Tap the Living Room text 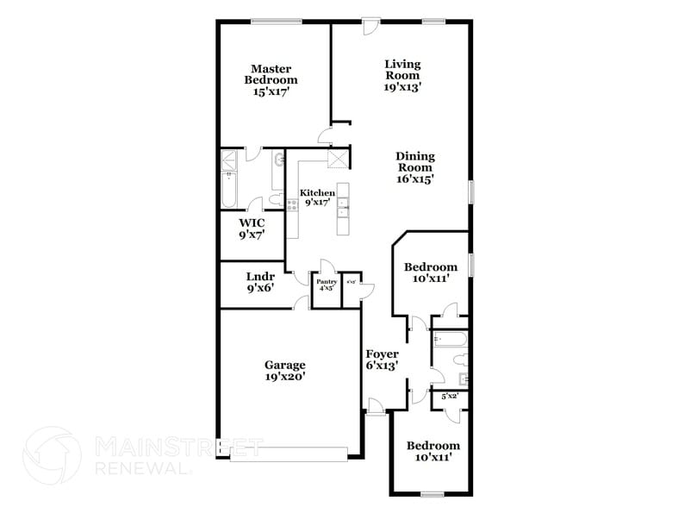coord(402,74)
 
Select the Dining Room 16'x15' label coord(414,167)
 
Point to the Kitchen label coord(316,197)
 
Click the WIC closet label coord(252,228)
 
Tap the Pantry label coord(327,285)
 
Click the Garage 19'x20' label coord(284,370)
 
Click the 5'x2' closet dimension coord(450,397)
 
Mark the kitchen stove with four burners coord(292,206)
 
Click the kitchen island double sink coord(342,205)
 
